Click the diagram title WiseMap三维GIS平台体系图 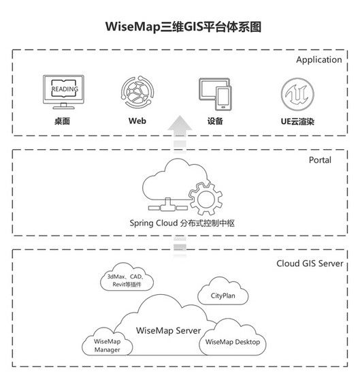pos(183,27)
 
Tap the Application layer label pos(319,60)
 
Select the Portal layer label pos(320,160)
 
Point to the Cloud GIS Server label pos(310,264)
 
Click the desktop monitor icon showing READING pos(63,92)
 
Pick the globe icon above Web pos(137,92)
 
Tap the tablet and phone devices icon pos(215,94)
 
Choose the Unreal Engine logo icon pos(297,94)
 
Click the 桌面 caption pos(63,121)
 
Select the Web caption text pos(137,121)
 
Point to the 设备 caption pos(215,121)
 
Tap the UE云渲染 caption pos(297,121)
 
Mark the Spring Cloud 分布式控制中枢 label pos(182,223)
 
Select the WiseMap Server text pos(169,331)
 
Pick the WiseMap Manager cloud pos(107,342)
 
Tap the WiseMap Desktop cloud pos(233,338)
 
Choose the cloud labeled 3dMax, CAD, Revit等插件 pos(127,277)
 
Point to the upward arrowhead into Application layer pos(180,123)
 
